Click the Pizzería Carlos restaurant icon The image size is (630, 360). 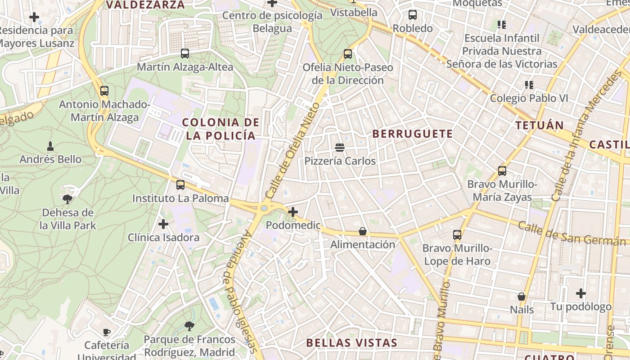click(340, 147)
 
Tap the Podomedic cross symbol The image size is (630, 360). click(293, 211)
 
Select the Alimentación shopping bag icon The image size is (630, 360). click(363, 231)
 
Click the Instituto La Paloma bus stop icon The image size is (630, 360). click(180, 184)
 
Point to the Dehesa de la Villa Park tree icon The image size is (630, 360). click(67, 199)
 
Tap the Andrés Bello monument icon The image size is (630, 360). click(50, 146)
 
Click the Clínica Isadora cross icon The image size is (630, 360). click(163, 224)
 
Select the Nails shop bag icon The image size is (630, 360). click(522, 296)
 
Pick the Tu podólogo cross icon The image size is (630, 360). click(581, 293)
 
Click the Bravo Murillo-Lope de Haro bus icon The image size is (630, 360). click(457, 234)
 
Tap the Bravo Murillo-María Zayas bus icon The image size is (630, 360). click(502, 171)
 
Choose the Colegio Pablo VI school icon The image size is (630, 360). click(529, 85)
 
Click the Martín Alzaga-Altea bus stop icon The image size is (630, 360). click(185, 54)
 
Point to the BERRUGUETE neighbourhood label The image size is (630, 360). click(413, 134)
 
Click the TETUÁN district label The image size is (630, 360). click(540, 126)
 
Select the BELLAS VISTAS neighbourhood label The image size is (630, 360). click(351, 343)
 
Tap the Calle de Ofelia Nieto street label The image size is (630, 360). click(292, 151)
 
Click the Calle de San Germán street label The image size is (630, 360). click(571, 234)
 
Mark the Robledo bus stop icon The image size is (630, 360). click(413, 15)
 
